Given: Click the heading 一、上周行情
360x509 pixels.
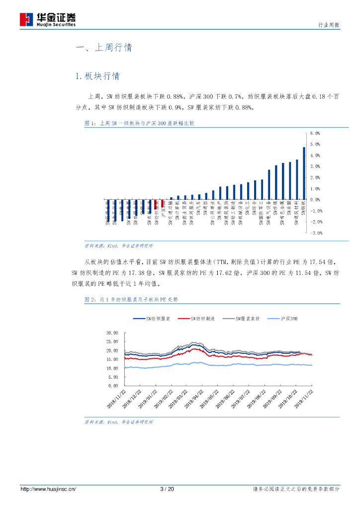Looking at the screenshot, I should coord(104,48).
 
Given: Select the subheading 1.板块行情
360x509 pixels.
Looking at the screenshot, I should coord(97,76).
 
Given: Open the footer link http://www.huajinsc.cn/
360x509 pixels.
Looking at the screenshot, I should coord(48,490).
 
